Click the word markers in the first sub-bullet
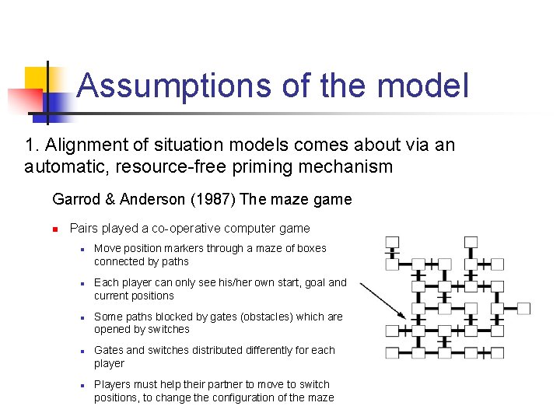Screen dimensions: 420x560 (x=184, y=249)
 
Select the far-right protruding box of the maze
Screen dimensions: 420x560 (x=523, y=309)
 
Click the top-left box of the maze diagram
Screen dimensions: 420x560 (x=392, y=242)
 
